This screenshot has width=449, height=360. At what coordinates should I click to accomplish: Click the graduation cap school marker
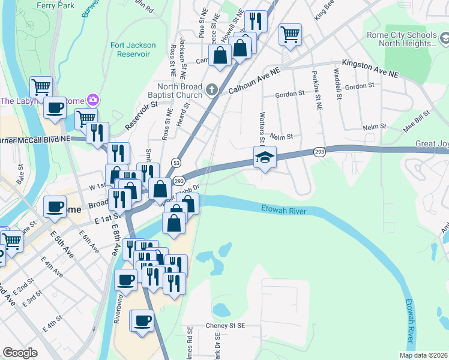265,157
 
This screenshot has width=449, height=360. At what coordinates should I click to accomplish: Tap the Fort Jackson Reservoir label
133,49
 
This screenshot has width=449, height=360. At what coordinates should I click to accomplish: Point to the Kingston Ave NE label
370,67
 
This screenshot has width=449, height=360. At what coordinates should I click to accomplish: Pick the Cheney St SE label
226,325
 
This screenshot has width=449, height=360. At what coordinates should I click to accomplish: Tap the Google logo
20,352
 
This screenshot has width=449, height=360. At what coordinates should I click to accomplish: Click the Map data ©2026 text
423,355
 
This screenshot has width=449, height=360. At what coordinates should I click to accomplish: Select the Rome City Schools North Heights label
402,39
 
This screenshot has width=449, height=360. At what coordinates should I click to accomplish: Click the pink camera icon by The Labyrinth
93,99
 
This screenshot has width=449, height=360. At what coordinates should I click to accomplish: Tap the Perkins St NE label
315,84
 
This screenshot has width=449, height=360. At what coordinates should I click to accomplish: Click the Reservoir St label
142,115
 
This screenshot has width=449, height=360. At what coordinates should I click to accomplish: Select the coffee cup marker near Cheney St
142,321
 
